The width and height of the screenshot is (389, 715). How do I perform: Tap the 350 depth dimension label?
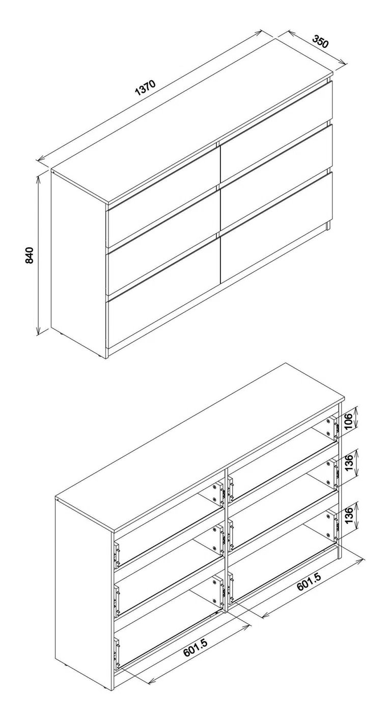point(320,41)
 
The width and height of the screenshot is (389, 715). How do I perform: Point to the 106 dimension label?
point(349,421)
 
